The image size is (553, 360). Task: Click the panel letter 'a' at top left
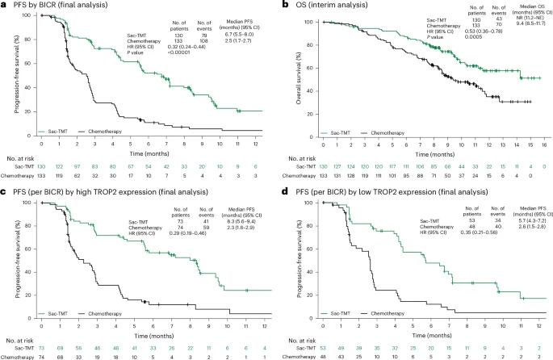tap(4, 6)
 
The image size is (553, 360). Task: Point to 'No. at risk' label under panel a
tap(19, 156)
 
